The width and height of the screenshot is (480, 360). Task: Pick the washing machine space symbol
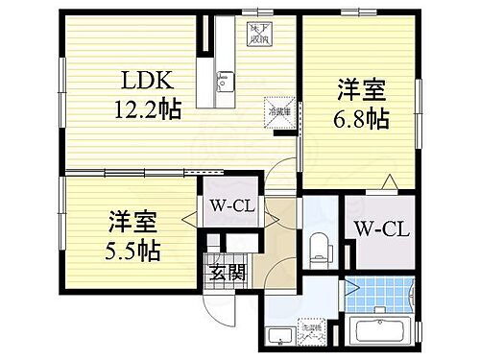[x=310, y=332]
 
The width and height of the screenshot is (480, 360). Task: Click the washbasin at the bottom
[x=279, y=336]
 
